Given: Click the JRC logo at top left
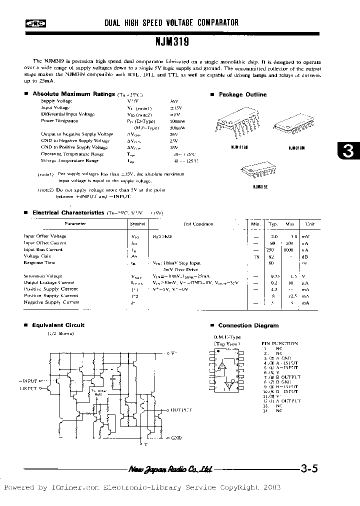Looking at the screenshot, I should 33,23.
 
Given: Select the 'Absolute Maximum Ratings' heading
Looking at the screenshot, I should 74,94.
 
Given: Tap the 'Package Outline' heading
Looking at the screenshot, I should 242,94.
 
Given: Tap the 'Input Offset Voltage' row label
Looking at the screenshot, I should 45,236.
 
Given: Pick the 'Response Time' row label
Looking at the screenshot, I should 39,262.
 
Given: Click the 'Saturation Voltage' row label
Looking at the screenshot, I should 43,275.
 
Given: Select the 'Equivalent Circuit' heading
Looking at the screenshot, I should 58,325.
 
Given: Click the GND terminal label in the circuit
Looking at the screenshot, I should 176,437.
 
